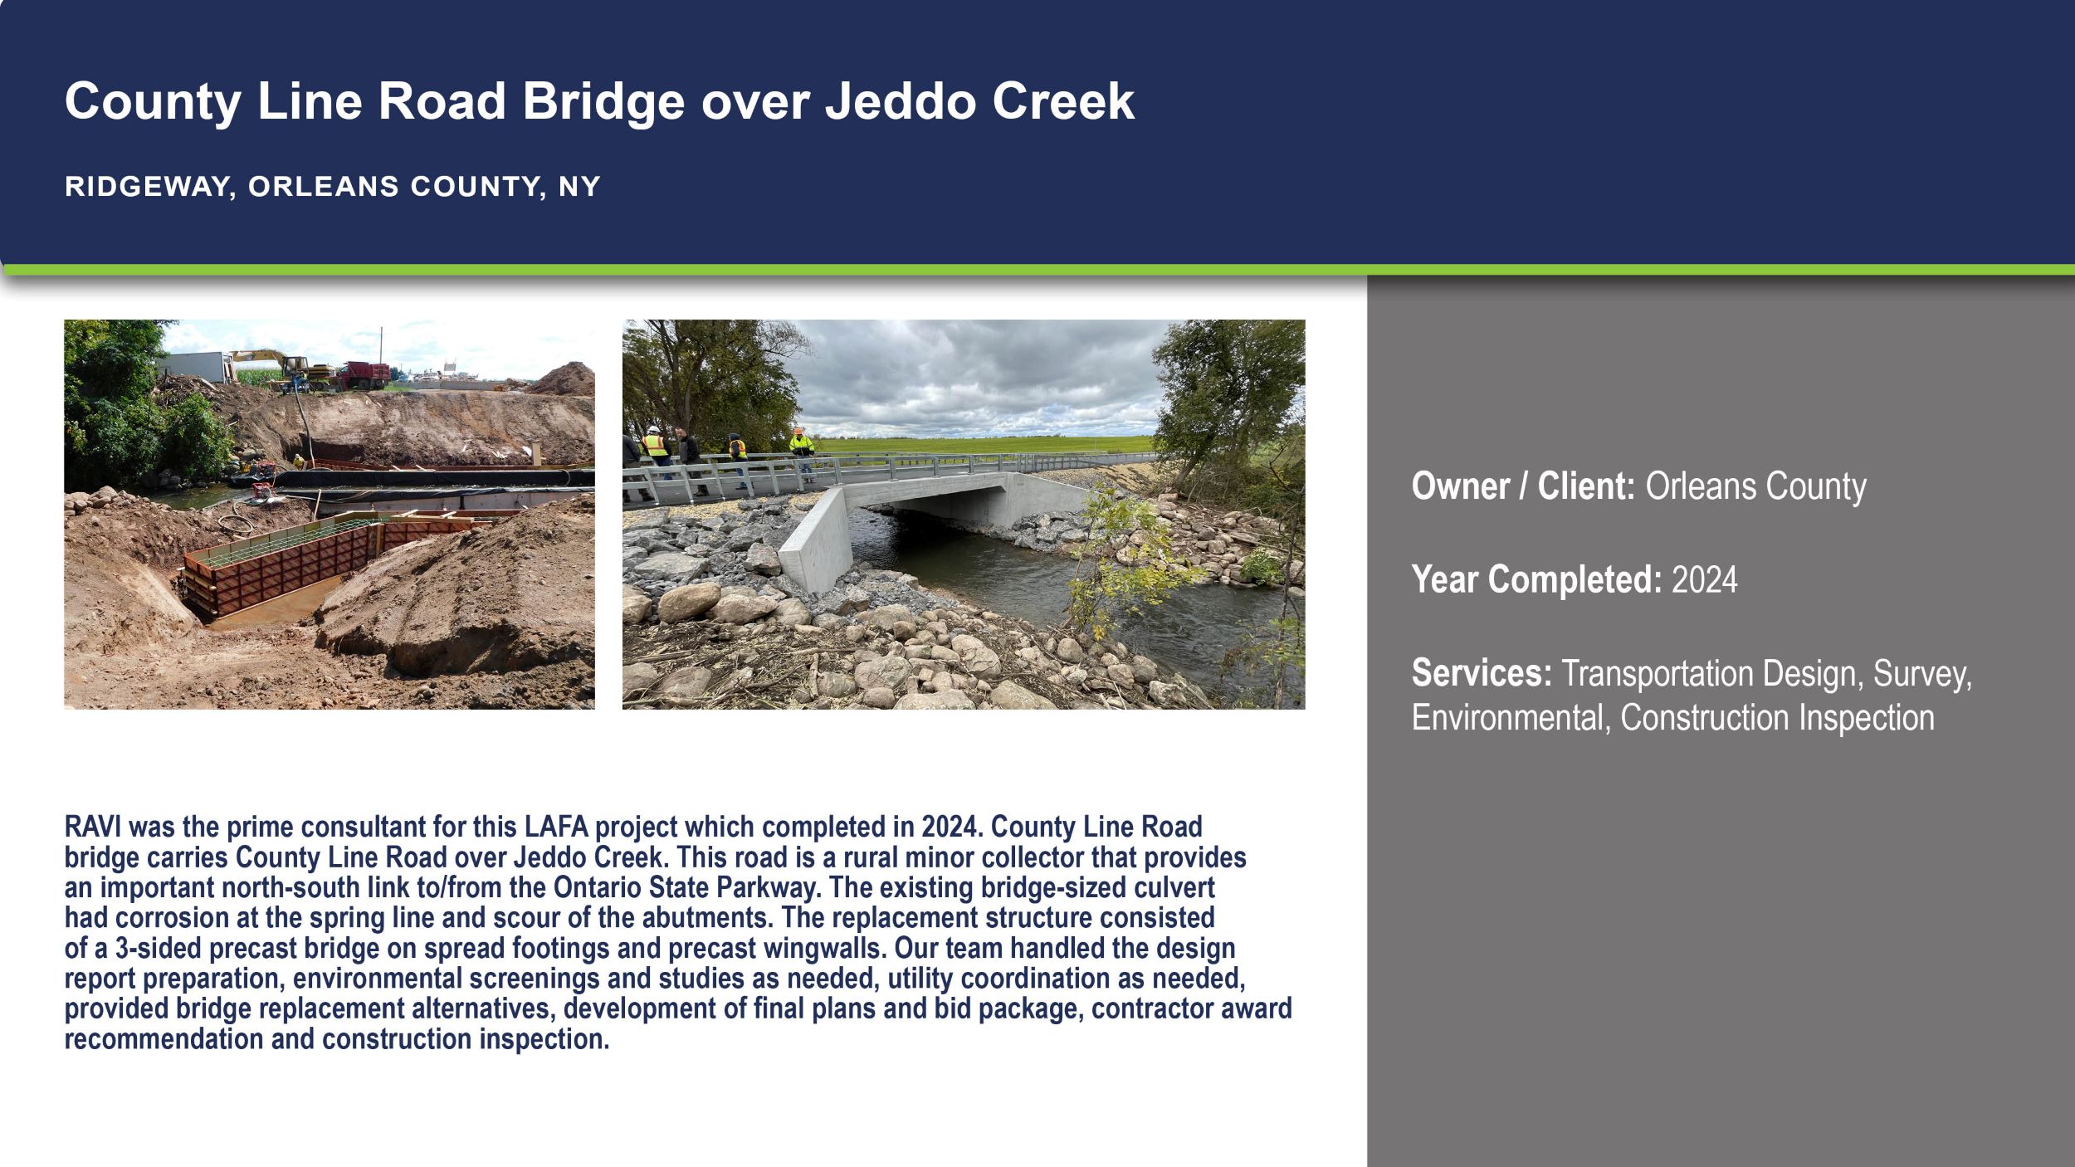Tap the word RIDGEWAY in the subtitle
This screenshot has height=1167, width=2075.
tap(143, 187)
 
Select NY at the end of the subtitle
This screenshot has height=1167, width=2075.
tap(579, 187)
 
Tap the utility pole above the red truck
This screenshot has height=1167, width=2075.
tap(381, 344)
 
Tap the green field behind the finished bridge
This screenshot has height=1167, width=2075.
tap(996, 444)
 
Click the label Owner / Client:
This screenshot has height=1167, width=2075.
tap(1522, 486)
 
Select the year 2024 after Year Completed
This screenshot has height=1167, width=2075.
tap(1704, 579)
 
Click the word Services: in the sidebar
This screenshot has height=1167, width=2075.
tap(1482, 673)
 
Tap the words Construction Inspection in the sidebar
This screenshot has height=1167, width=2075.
tap(1776, 718)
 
